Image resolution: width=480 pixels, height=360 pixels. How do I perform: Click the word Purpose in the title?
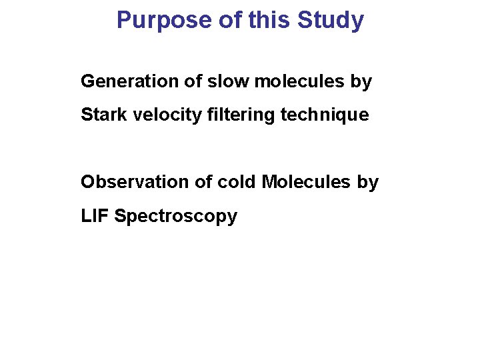(165, 20)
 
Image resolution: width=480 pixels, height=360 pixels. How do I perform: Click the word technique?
(325, 115)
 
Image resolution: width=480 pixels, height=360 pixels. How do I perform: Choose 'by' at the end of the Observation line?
(367, 181)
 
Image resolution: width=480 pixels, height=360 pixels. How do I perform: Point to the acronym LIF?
(95, 216)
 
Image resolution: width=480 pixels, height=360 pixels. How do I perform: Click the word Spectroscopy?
(175, 216)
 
